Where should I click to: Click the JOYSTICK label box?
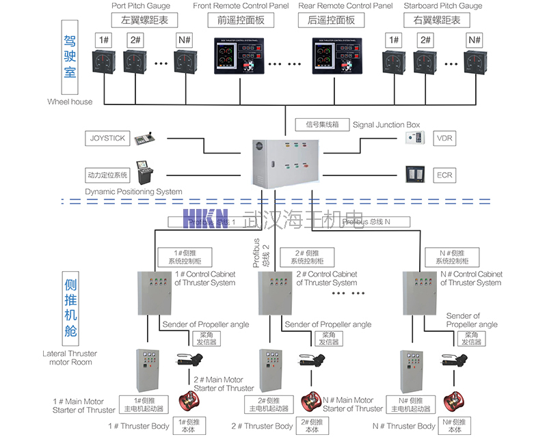tap(107, 139)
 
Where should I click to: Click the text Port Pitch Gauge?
tap(141, 6)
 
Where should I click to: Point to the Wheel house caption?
tap(70, 102)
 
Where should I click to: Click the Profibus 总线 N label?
tap(375, 222)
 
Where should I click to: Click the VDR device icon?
tap(415, 139)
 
